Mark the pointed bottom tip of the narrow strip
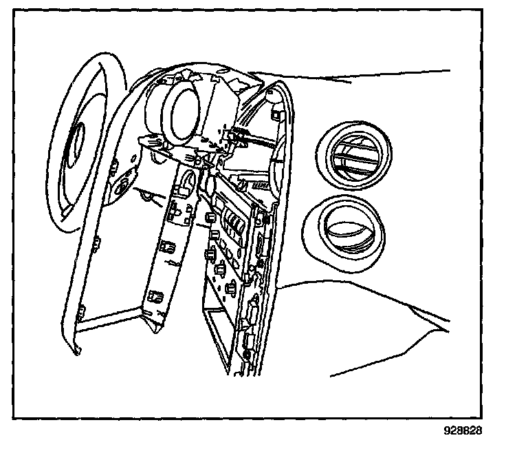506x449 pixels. tap(153, 329)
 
